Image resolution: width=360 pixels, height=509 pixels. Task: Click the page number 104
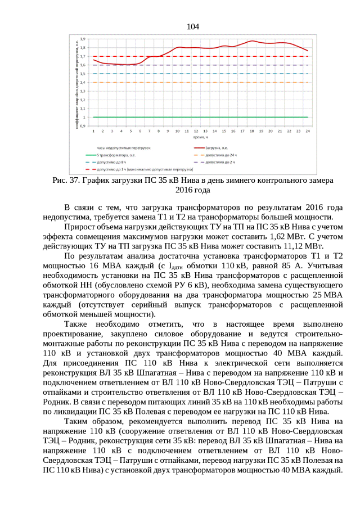coord(192,26)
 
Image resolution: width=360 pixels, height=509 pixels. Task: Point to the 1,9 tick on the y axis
coord(83,39)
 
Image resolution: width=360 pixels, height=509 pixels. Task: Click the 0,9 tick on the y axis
coord(83,126)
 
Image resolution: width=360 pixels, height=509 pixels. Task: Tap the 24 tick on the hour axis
coord(308,131)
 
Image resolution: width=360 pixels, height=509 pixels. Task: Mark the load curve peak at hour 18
coord(253,41)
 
